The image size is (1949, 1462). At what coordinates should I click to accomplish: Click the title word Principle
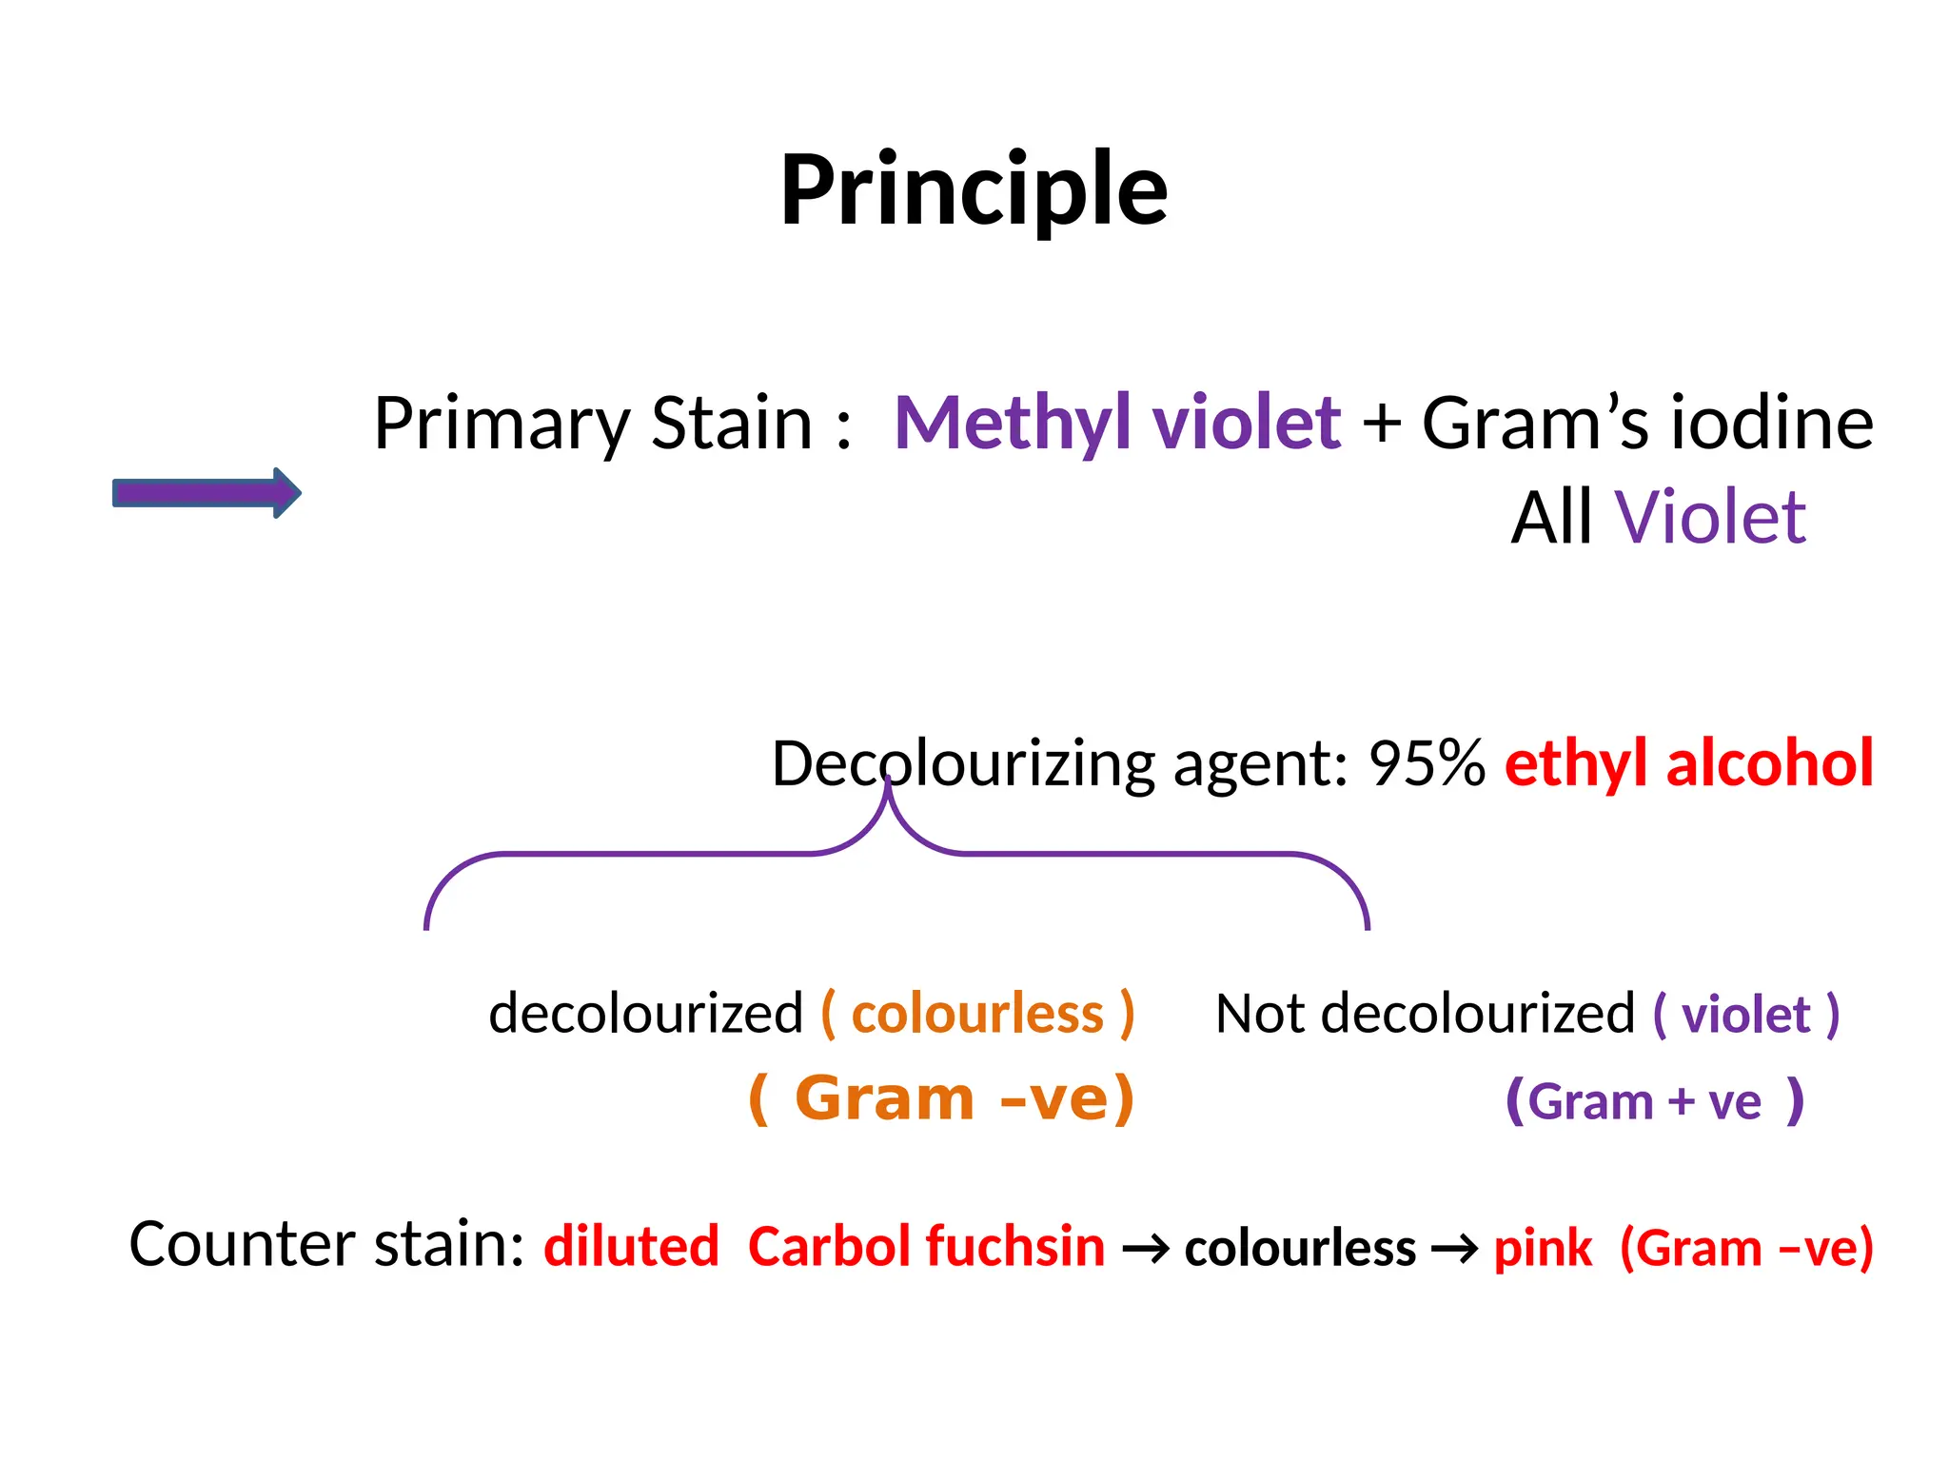point(973,190)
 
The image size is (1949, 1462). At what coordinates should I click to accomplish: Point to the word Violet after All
point(1710,519)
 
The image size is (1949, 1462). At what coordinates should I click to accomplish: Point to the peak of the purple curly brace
point(888,786)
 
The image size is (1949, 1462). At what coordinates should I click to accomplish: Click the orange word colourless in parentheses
point(977,1014)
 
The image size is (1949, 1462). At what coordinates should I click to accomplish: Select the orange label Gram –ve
point(942,1099)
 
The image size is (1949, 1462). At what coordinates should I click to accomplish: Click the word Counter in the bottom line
point(243,1245)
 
